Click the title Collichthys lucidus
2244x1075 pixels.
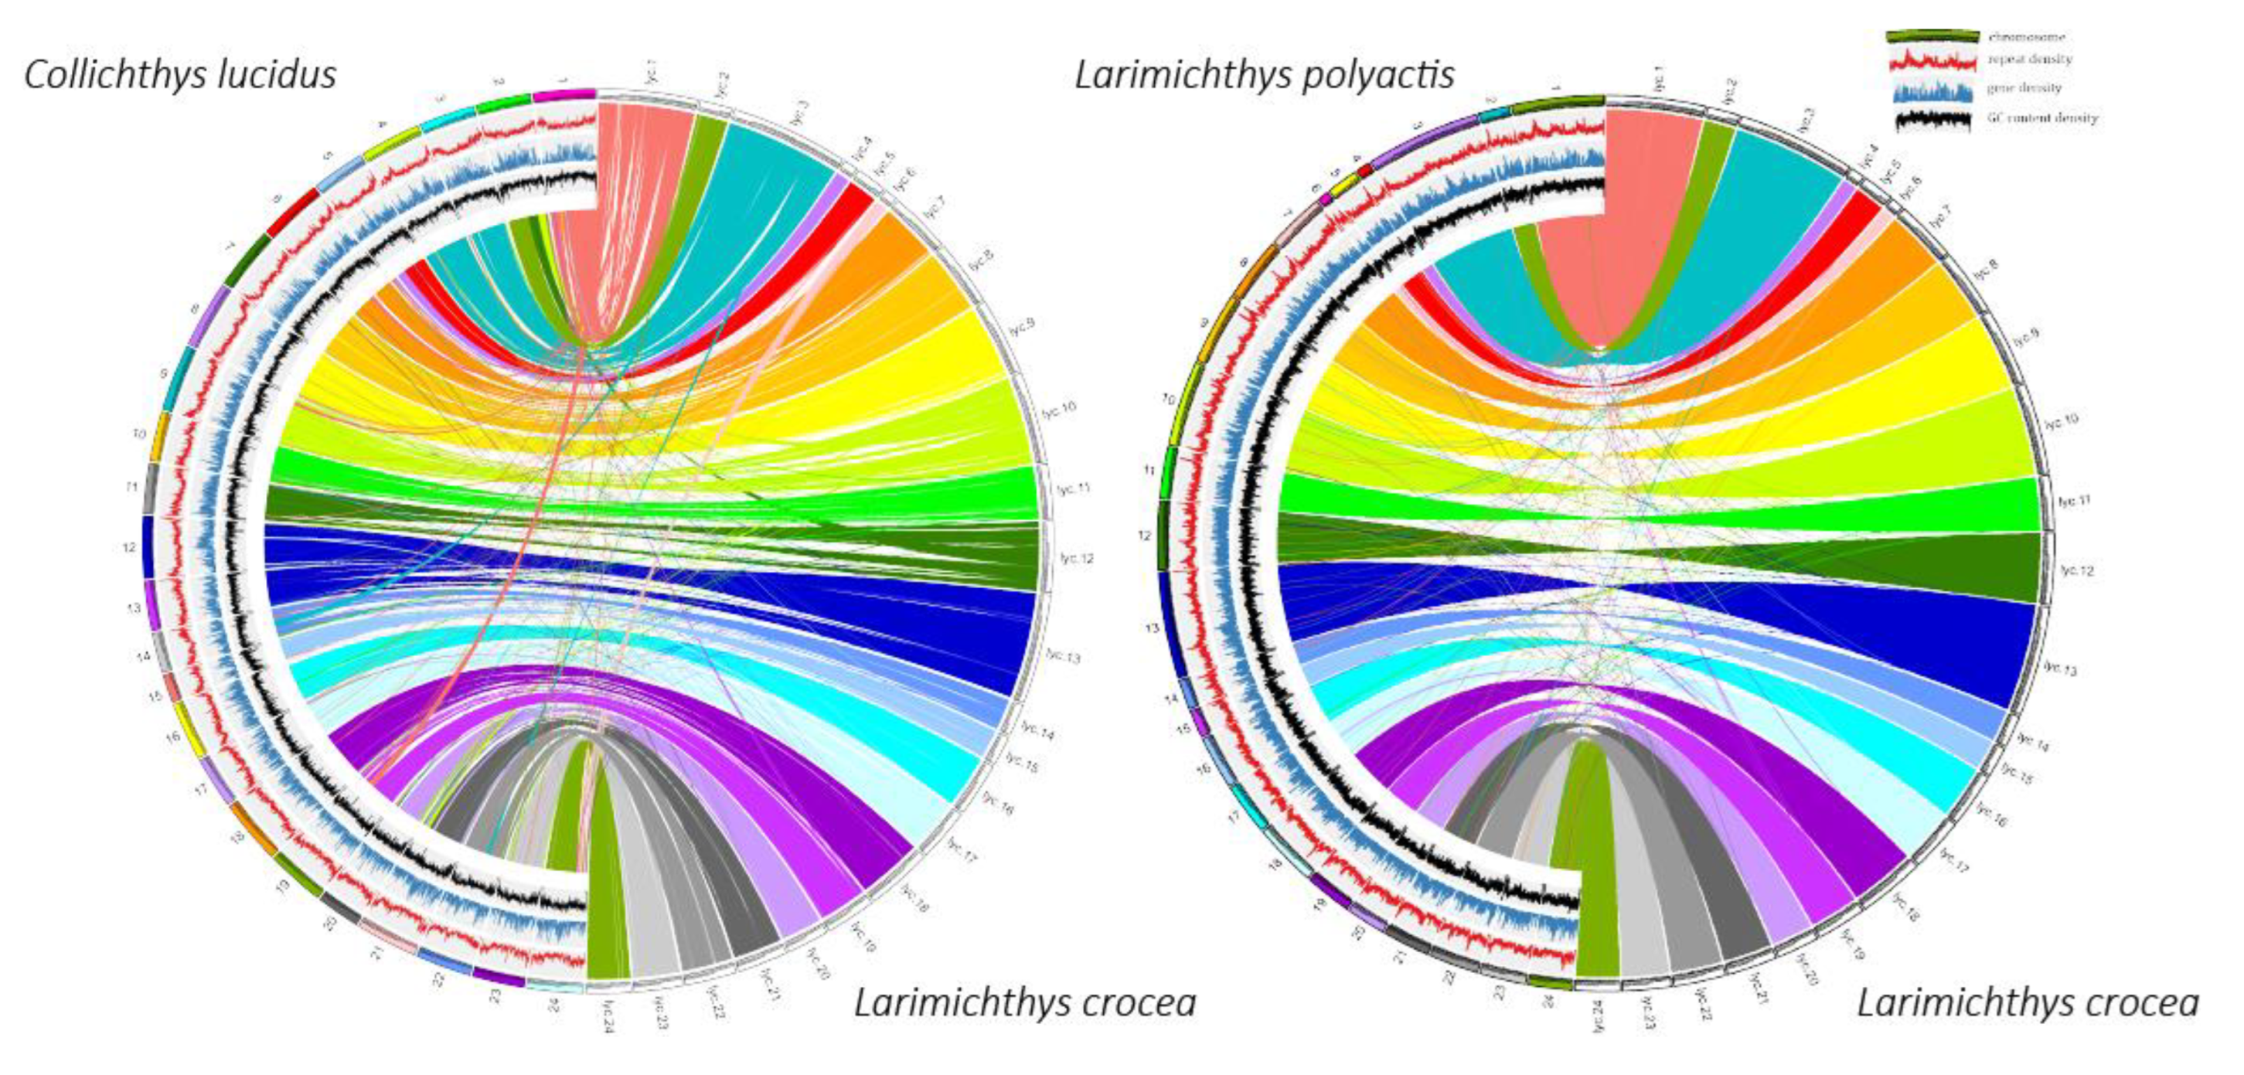tap(180, 75)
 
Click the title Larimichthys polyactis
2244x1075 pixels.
tap(1264, 75)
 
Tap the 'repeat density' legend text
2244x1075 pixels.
tap(2030, 60)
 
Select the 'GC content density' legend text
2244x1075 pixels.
tap(2042, 117)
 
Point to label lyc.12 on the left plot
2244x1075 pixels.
tap(1076, 559)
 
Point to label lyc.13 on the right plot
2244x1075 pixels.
tap(2060, 668)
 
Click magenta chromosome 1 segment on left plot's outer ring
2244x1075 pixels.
tap(564, 94)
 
